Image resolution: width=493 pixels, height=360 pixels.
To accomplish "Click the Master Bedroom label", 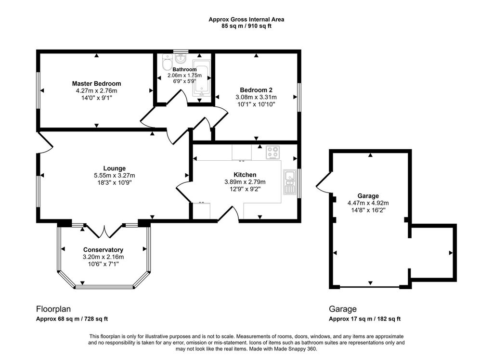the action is pos(96,84).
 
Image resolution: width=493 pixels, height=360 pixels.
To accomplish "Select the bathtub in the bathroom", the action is pos(201,78).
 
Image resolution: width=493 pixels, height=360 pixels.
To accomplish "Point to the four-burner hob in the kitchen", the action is pos(273,153).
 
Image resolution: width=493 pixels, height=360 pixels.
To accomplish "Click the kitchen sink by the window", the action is pos(290,182).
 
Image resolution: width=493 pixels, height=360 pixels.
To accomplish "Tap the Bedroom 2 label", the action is pos(256,90).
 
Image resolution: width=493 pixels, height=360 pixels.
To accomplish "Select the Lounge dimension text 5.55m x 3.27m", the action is pos(115,176).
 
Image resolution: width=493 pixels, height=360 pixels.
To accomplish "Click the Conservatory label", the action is pos(103,250).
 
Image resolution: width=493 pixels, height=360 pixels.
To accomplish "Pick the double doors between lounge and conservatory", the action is pos(104,231).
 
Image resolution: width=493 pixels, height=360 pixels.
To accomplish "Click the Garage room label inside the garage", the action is pos(368,196).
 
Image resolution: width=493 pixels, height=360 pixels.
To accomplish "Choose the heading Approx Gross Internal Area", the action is pos(246,20).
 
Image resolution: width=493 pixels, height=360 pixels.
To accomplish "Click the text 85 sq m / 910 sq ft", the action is pos(246,26).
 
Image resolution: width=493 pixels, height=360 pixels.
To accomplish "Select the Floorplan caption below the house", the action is pos(53,309).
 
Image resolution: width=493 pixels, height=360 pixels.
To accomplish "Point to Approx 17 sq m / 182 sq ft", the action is pos(365,319).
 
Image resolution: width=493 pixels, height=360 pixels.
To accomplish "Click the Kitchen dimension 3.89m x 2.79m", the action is pos(245,182).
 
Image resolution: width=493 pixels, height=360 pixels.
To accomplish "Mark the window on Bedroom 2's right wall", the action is pos(299,97).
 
